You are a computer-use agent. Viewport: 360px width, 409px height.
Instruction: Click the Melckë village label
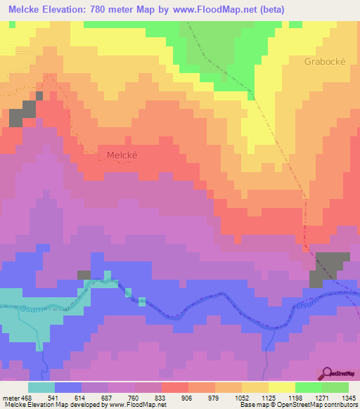point(121,155)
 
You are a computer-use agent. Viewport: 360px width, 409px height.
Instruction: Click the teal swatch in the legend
point(41,387)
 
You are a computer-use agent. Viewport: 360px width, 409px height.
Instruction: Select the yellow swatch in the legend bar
point(281,387)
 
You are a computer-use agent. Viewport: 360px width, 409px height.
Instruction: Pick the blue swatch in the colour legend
point(68,387)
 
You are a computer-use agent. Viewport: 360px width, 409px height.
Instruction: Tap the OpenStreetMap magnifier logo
point(328,372)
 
